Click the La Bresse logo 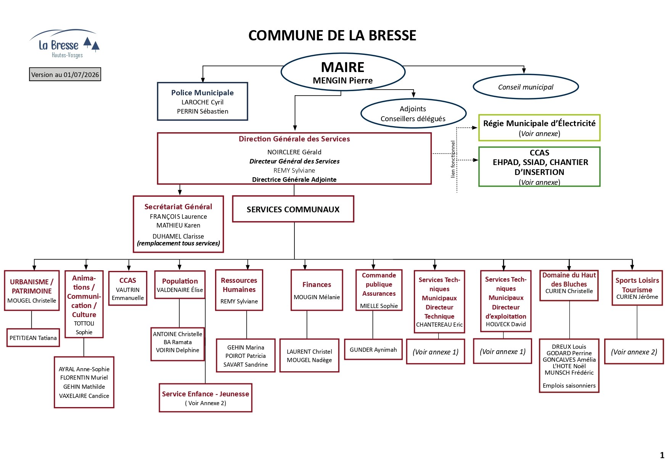pyautogui.click(x=64, y=44)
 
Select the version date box pyautogui.click(x=65, y=74)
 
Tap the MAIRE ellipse pyautogui.click(x=343, y=72)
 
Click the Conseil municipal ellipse pyautogui.click(x=526, y=87)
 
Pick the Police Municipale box pyautogui.click(x=203, y=101)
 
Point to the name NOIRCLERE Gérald pyautogui.click(x=294, y=152)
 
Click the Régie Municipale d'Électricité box pyautogui.click(x=539, y=128)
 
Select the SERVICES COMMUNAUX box pyautogui.click(x=293, y=209)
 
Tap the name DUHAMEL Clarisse pyautogui.click(x=178, y=236)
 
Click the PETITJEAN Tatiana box pyautogui.click(x=33, y=338)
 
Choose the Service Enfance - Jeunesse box pyautogui.click(x=206, y=398)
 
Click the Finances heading pyautogui.click(x=317, y=285)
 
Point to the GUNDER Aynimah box pyautogui.click(x=373, y=350)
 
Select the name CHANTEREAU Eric pyautogui.click(x=439, y=325)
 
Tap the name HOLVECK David pyautogui.click(x=506, y=324)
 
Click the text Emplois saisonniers pyautogui.click(x=569, y=386)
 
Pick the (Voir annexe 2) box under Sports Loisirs pyautogui.click(x=634, y=352)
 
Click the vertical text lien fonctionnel pyautogui.click(x=453, y=159)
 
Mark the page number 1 pyautogui.click(x=662, y=455)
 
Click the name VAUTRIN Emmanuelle pyautogui.click(x=128, y=294)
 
